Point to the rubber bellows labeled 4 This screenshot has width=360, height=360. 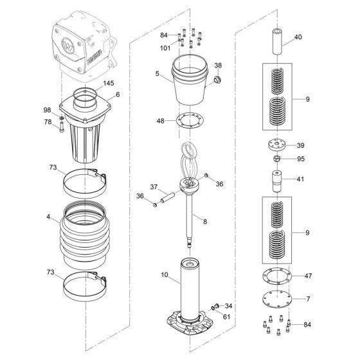point(87,235)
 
